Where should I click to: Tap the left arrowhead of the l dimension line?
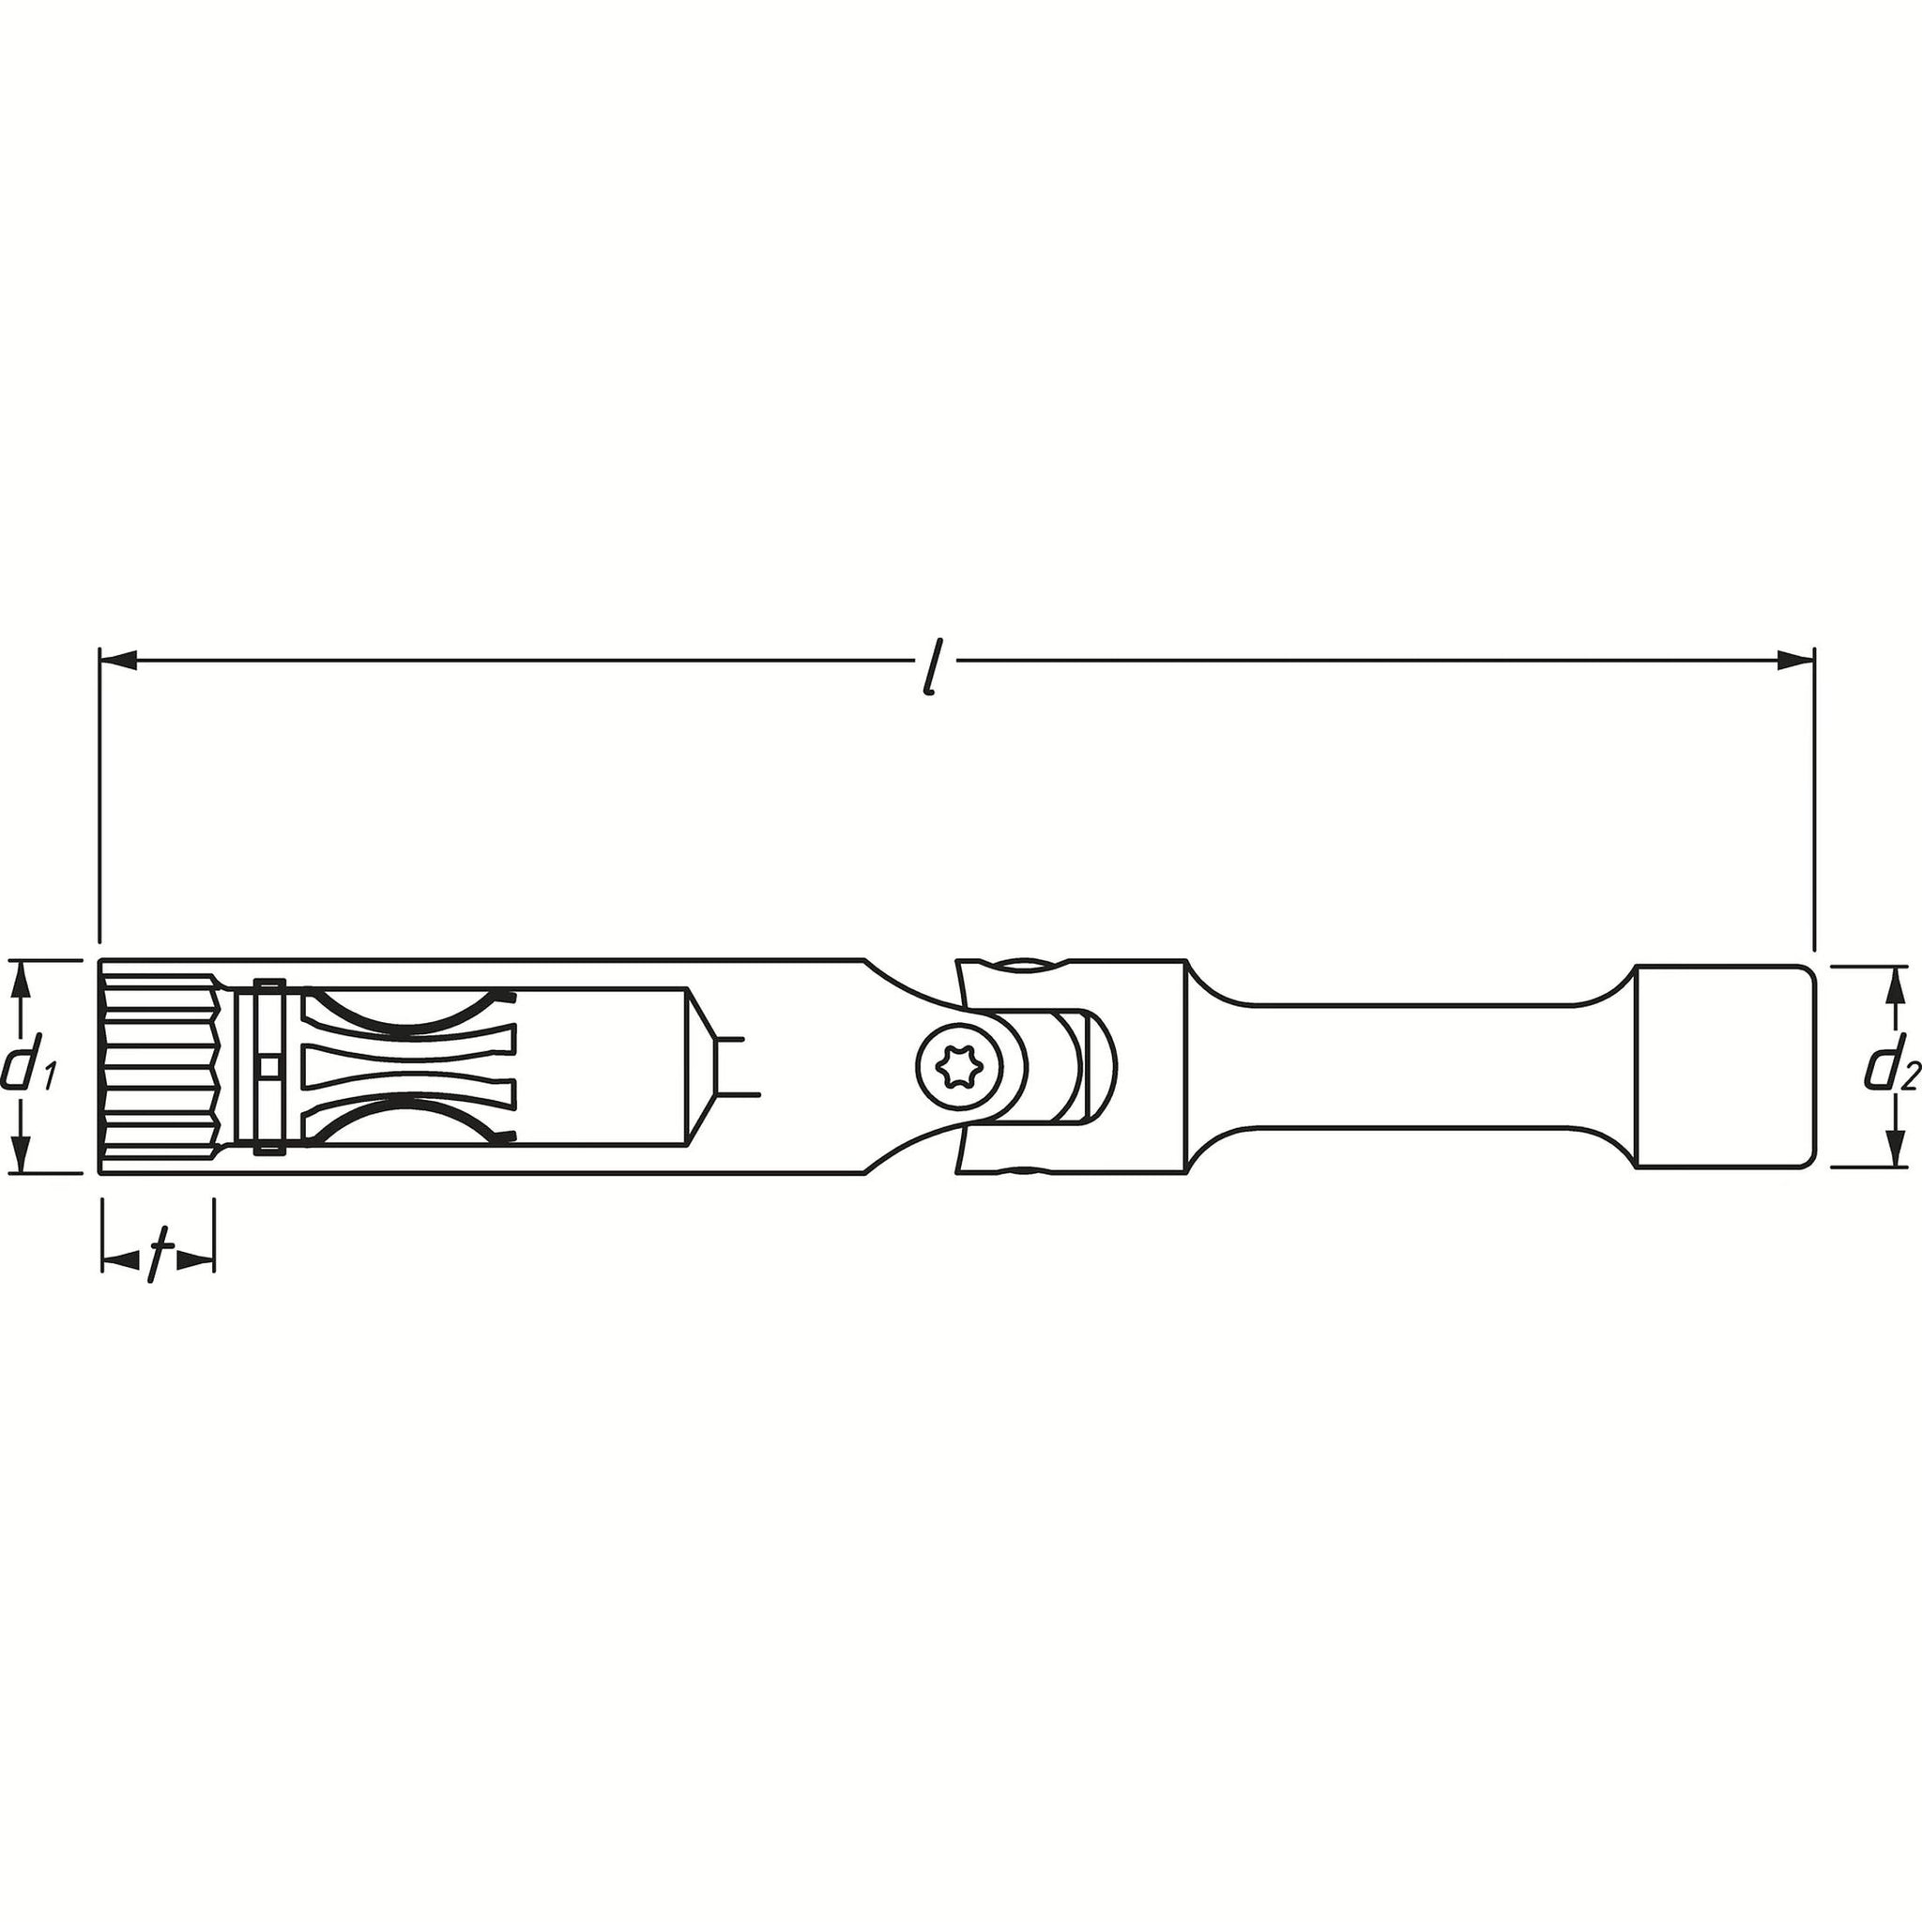(x=117, y=659)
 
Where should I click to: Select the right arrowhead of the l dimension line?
(x=1795, y=659)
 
